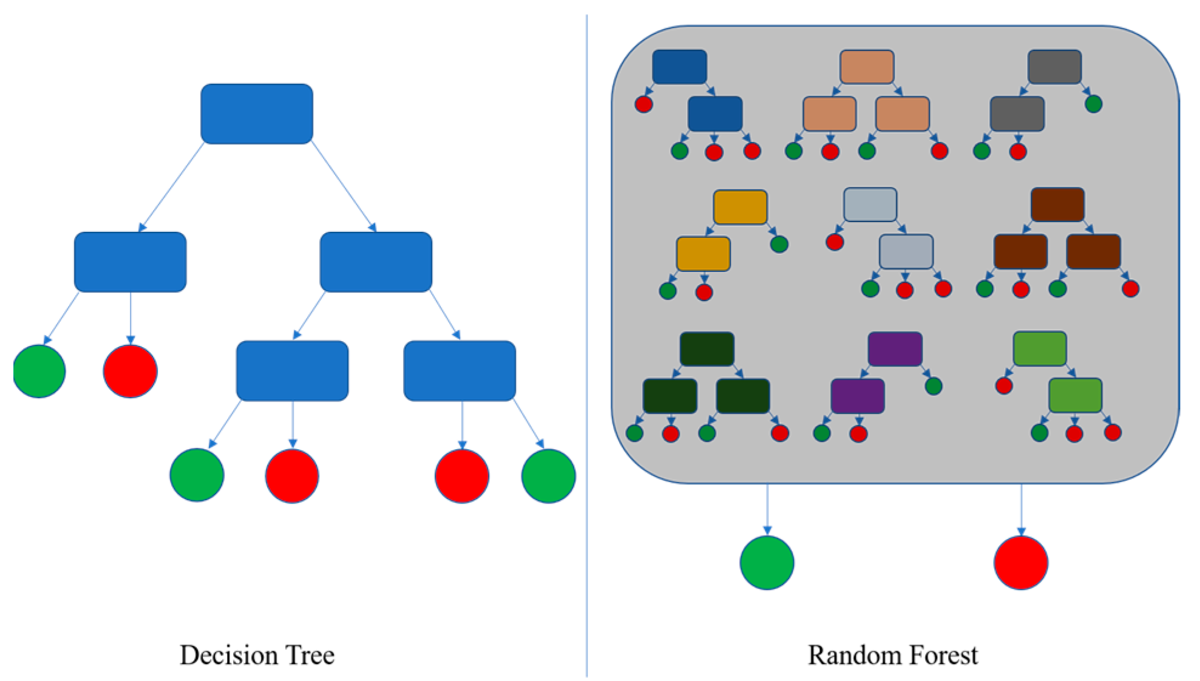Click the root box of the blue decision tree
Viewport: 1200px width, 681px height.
(257, 114)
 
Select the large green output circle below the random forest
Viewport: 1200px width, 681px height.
(767, 563)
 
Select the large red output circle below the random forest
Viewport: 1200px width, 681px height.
(1020, 563)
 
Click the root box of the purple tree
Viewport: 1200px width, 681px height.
(895, 349)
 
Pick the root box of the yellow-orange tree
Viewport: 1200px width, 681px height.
(740, 207)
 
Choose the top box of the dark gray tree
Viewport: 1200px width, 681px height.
(1054, 67)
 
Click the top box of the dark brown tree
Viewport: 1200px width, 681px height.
(1057, 205)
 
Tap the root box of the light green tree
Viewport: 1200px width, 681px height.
(1040, 348)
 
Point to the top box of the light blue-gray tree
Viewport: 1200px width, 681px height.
(870, 205)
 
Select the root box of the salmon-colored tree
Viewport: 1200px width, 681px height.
(866, 67)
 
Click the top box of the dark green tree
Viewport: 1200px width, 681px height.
(707, 349)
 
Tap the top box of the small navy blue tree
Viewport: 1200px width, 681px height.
(679, 67)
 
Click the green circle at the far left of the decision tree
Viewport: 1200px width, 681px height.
(39, 371)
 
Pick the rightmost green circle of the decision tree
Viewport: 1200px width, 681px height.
(548, 475)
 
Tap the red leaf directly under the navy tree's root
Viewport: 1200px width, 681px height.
(643, 104)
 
